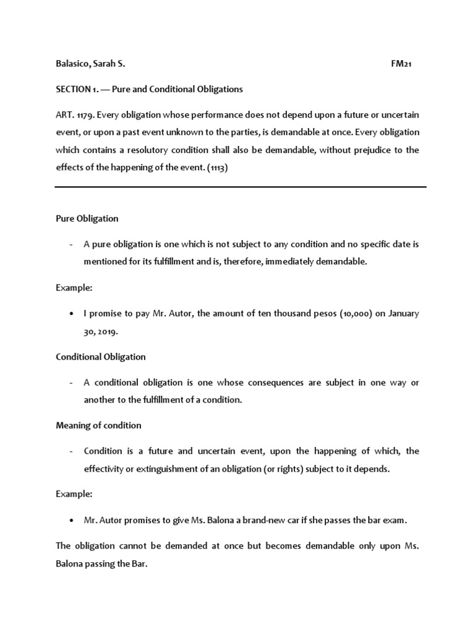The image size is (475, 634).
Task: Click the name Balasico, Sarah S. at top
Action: click(92, 64)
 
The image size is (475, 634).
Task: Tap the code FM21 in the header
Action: click(402, 64)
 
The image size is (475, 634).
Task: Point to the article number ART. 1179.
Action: click(74, 115)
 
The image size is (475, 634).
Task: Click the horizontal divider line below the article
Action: click(241, 187)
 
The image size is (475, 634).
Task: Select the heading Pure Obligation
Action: click(87, 219)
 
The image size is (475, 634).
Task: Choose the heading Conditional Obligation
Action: click(101, 357)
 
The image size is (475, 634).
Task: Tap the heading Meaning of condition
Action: click(98, 425)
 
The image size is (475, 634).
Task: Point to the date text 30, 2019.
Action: click(101, 331)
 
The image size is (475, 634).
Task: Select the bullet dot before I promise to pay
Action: click(73, 314)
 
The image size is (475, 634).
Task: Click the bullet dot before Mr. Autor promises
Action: click(73, 521)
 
